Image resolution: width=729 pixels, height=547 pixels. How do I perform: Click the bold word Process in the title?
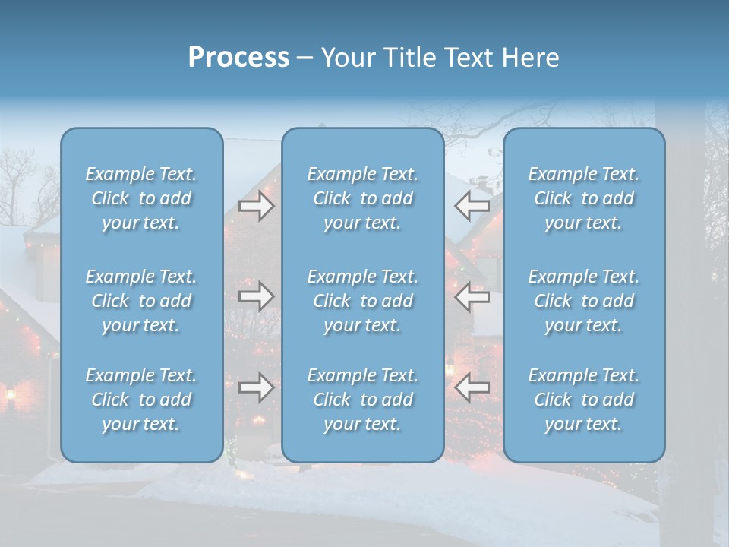click(x=238, y=58)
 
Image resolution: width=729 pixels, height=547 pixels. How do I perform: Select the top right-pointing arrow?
click(x=257, y=206)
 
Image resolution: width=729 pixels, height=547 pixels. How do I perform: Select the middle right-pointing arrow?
click(x=257, y=296)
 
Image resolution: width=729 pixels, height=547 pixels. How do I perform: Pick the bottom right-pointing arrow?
click(x=257, y=387)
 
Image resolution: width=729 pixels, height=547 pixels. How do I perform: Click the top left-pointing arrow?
click(x=472, y=206)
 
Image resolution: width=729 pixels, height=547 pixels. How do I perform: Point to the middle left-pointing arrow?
click(x=472, y=296)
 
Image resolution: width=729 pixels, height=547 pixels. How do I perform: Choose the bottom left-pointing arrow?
click(x=472, y=387)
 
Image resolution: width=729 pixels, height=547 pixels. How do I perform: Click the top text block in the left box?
click(x=141, y=198)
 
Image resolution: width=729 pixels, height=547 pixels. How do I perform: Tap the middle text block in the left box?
click(x=141, y=301)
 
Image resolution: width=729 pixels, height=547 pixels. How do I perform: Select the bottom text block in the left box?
click(x=141, y=400)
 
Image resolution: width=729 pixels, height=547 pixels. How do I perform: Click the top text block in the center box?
click(x=363, y=198)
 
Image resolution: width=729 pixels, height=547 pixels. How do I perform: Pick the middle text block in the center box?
click(x=363, y=301)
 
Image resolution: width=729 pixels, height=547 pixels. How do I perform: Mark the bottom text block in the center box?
click(x=363, y=400)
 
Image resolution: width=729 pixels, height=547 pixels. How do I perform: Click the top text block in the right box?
click(x=584, y=198)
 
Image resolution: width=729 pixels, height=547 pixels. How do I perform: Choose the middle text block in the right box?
click(x=584, y=301)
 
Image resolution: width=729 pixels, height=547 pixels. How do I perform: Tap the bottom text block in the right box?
click(x=584, y=400)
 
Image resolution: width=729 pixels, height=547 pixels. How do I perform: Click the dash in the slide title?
click(x=305, y=58)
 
